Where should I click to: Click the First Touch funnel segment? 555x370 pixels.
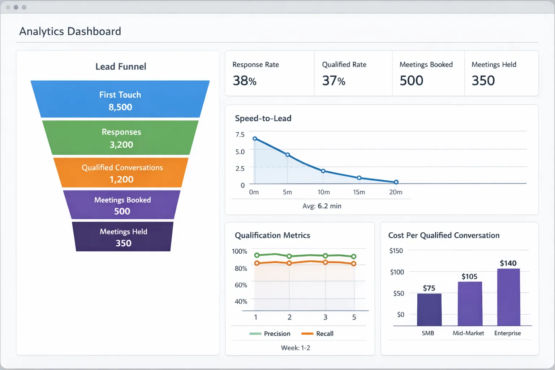pyautogui.click(x=120, y=99)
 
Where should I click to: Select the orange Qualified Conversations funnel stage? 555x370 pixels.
pyautogui.click(x=121, y=173)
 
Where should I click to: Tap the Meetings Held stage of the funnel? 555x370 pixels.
pyautogui.click(x=123, y=237)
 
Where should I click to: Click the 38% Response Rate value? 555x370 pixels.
pyautogui.click(x=245, y=81)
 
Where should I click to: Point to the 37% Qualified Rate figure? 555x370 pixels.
pyautogui.click(x=334, y=81)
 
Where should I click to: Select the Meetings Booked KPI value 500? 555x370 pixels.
pyautogui.click(x=411, y=81)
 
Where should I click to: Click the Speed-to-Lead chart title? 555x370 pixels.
pyautogui.click(x=263, y=118)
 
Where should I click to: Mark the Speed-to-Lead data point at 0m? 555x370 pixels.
pyautogui.click(x=255, y=139)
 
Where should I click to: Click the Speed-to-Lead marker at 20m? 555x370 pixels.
pyautogui.click(x=396, y=182)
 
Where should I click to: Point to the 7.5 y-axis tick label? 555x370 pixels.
pyautogui.click(x=240, y=134)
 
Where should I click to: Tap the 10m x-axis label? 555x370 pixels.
pyautogui.click(x=323, y=192)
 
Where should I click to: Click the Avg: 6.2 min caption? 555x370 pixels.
pyautogui.click(x=322, y=206)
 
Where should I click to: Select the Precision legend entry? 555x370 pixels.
pyautogui.click(x=270, y=334)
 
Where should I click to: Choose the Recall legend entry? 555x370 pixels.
pyautogui.click(x=318, y=334)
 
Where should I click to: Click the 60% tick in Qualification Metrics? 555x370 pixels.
pyautogui.click(x=241, y=285)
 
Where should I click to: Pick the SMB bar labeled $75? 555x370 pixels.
pyautogui.click(x=429, y=310)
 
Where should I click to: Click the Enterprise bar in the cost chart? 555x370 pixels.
pyautogui.click(x=508, y=297)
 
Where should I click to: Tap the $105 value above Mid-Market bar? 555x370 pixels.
pyautogui.click(x=469, y=276)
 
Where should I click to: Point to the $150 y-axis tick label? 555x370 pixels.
pyautogui.click(x=396, y=251)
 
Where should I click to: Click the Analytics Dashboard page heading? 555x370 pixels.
pyautogui.click(x=70, y=31)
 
